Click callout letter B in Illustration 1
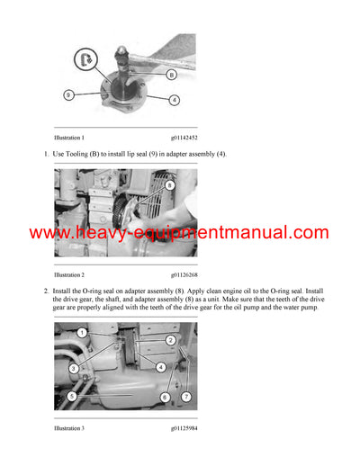(x=171, y=76)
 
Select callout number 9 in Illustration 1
(x=68, y=94)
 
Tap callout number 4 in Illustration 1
(x=174, y=99)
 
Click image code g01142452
(x=186, y=138)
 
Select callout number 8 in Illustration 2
(x=169, y=184)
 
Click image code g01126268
(x=186, y=274)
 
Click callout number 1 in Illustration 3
(x=81, y=334)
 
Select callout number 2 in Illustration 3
(x=170, y=339)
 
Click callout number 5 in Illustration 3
(x=71, y=395)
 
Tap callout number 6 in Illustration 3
(x=165, y=397)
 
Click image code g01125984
(x=186, y=428)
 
